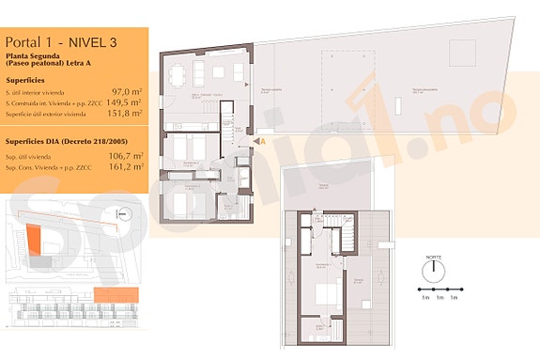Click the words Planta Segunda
click(32, 56)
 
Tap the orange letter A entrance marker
click(264, 140)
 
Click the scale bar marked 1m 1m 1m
click(440, 290)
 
